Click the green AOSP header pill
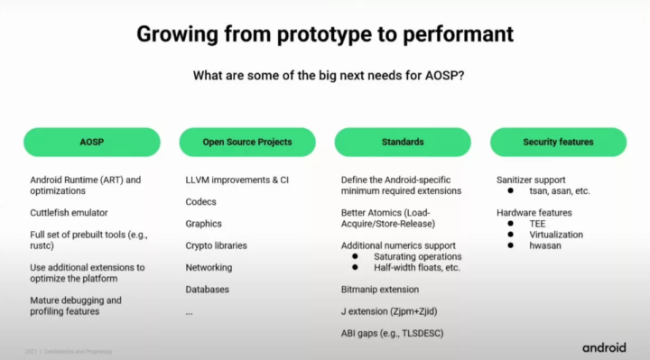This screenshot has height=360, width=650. pos(91,142)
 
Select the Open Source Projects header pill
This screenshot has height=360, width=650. pos(247,142)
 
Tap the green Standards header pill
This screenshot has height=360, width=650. pos(403,142)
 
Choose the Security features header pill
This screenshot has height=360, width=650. pos(558,142)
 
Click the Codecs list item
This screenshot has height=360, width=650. pos(200,202)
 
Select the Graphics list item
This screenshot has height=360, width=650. pos(203,224)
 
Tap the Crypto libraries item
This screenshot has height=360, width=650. pos(216,245)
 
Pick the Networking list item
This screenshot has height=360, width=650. pos(209,267)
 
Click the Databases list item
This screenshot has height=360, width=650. pos(207,289)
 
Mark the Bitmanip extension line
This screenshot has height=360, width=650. pos(380,290)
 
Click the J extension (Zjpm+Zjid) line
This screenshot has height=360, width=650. pos(390,311)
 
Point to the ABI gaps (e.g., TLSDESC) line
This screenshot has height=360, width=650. pos(393,333)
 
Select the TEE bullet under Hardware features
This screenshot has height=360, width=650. pos(538,223)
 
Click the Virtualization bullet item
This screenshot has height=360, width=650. pos(555,234)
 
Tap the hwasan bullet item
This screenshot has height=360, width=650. pos(544,245)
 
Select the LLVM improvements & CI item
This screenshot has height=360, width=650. pos(237,180)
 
